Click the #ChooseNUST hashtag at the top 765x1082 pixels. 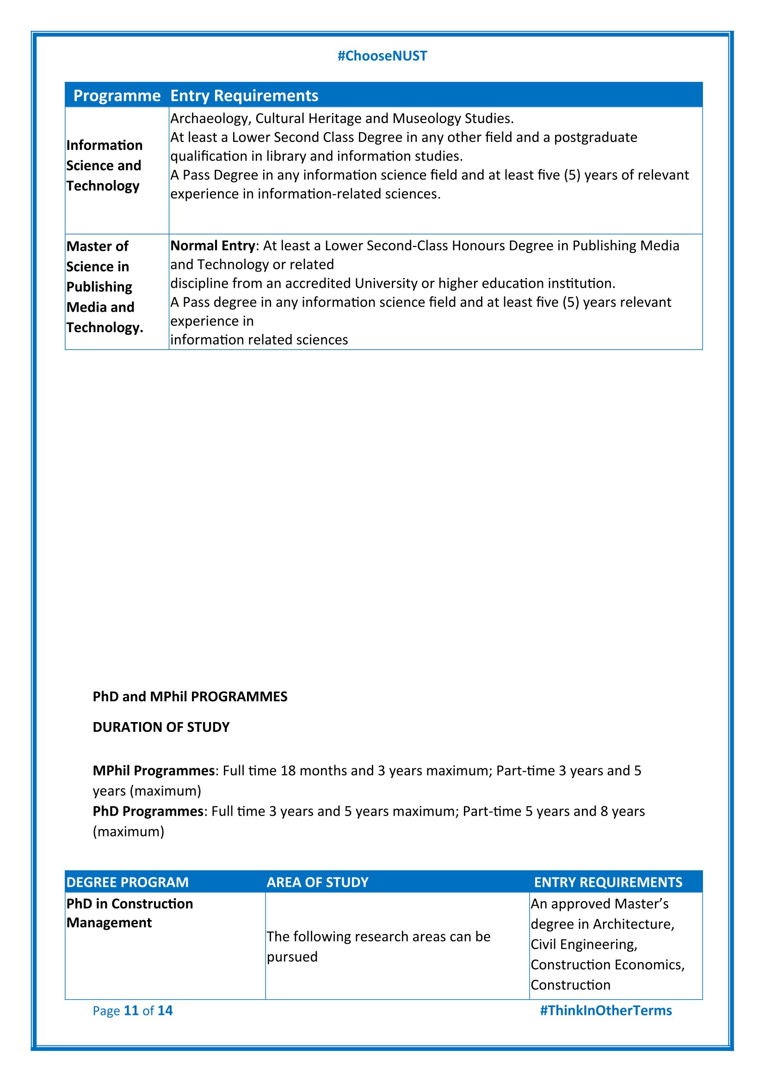pos(382,56)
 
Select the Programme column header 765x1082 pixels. pos(117,96)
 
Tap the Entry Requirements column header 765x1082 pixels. pos(244,96)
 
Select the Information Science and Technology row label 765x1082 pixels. pos(104,166)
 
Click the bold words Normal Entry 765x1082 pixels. pos(212,246)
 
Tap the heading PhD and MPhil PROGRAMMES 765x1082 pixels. pos(190,697)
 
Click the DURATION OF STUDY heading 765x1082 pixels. pos(161,727)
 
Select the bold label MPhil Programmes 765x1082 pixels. pos(154,771)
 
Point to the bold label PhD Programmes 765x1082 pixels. pos(148,811)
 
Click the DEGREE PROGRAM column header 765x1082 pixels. pos(127,882)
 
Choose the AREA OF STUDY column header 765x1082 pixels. pos(317,882)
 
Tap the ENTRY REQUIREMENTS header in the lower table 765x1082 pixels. pos(608,882)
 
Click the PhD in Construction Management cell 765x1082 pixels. pos(130,913)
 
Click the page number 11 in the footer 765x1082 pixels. pos(131,1010)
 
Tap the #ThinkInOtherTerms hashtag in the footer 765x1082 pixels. pos(606,1010)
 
